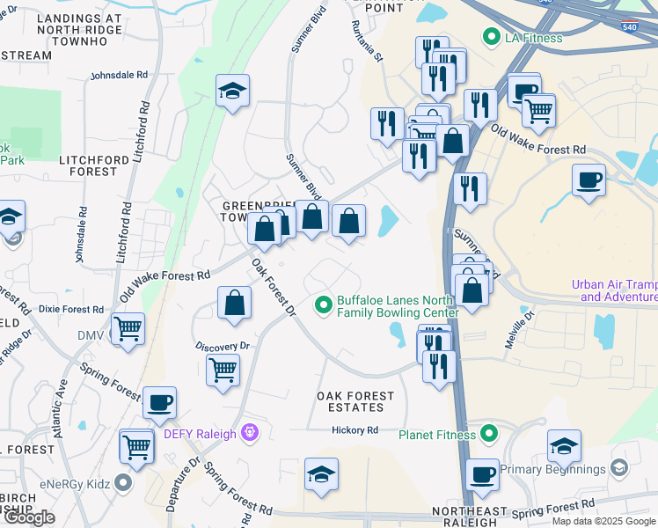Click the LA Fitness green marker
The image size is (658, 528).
[491, 37]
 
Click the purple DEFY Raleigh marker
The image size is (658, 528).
[250, 433]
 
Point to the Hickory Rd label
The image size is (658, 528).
[355, 430]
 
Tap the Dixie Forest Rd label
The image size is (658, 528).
[71, 310]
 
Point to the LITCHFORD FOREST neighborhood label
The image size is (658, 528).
[88, 165]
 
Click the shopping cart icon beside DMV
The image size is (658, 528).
[128, 329]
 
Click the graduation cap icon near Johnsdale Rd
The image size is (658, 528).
[232, 90]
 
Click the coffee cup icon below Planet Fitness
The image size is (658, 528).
[482, 474]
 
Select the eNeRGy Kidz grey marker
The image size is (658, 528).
[123, 481]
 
